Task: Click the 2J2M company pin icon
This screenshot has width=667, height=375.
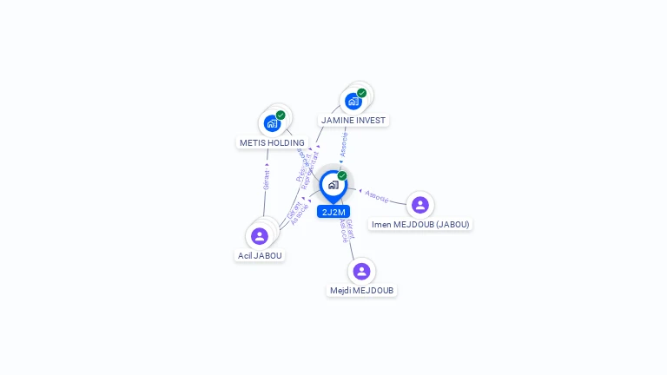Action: (x=333, y=185)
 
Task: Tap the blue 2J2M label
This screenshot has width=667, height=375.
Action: (x=333, y=212)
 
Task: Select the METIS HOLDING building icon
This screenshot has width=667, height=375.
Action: (x=272, y=123)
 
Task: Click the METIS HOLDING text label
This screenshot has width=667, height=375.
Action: (x=272, y=142)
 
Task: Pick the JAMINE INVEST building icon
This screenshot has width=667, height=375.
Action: (x=353, y=101)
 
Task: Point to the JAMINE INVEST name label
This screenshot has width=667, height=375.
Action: (x=353, y=120)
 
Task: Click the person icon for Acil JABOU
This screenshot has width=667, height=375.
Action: (x=259, y=236)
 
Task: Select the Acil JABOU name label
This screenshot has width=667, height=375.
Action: (x=260, y=255)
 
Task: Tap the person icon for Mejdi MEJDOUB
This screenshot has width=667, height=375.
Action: (x=361, y=271)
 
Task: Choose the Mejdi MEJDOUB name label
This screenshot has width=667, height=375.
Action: (x=362, y=290)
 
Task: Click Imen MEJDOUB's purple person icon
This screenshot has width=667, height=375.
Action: (x=420, y=205)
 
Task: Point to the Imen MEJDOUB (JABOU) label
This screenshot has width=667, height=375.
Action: (x=420, y=224)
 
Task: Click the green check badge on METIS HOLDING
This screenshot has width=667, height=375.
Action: (x=281, y=115)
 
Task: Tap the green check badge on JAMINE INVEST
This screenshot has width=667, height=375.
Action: (x=361, y=93)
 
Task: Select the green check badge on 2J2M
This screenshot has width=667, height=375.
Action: (x=342, y=175)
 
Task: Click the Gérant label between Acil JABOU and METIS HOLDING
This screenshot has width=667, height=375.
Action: (x=267, y=179)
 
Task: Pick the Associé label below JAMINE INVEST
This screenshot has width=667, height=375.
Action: (x=344, y=144)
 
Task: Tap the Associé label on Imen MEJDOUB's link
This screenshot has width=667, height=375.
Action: (x=376, y=196)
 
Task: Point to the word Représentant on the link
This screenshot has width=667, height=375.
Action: (x=307, y=171)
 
